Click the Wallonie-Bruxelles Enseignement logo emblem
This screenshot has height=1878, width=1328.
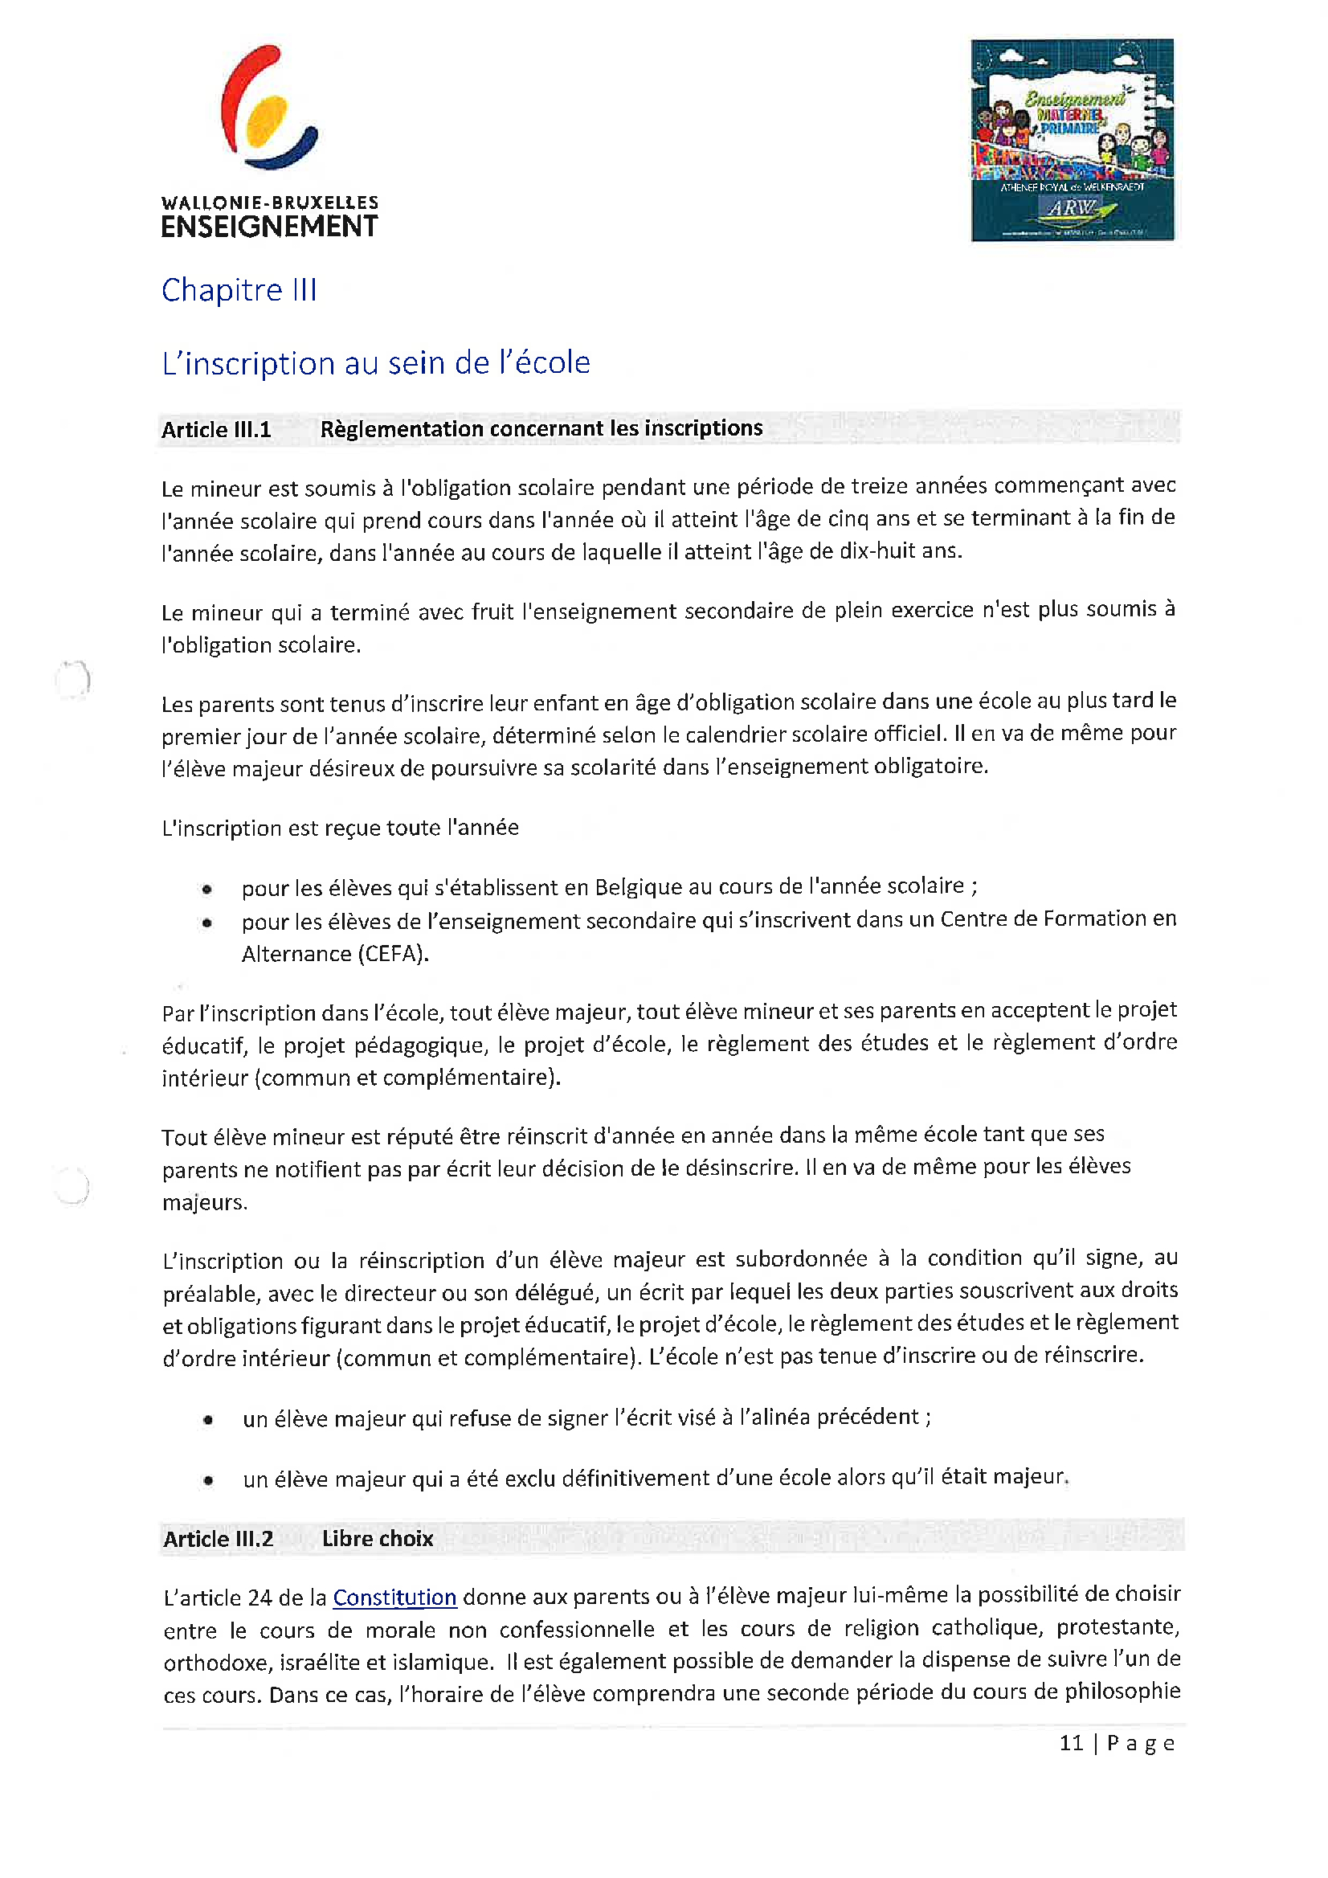coord(269,108)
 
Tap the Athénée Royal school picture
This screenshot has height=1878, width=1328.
coord(1072,140)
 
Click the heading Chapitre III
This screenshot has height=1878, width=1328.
coord(239,290)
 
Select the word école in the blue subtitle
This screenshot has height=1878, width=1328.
coord(552,362)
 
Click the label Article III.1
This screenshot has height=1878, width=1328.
coord(216,429)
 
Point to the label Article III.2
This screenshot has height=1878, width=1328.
coord(218,1540)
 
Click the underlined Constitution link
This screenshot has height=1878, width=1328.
coord(394,1598)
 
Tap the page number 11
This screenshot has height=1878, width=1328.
coord(1071,1743)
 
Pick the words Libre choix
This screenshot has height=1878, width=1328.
coord(377,1539)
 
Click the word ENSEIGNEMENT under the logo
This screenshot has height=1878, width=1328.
coord(269,227)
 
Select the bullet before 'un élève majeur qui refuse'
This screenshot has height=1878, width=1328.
coord(209,1420)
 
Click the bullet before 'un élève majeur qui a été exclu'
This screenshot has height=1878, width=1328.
coord(209,1480)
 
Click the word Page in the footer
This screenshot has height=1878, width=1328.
coord(1141,1744)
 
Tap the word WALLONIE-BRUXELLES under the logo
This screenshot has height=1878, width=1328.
coord(270,202)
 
